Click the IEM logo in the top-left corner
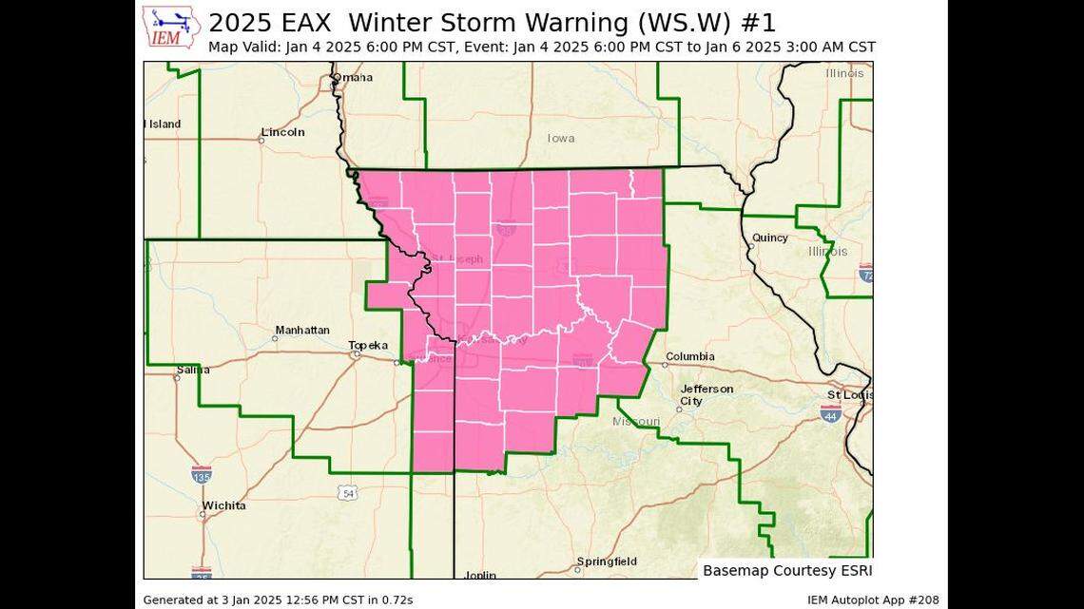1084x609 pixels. [x=171, y=28]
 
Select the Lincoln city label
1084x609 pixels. [x=282, y=132]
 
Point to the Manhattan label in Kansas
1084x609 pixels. [x=302, y=331]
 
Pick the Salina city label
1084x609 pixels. [x=193, y=370]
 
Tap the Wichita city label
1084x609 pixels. [x=223, y=505]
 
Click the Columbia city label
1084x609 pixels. [x=689, y=357]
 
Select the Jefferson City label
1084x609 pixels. [x=707, y=395]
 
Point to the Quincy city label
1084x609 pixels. [x=769, y=238]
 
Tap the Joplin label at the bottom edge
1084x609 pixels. [x=479, y=575]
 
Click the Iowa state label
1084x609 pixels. [x=561, y=139]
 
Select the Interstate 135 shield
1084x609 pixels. [x=202, y=474]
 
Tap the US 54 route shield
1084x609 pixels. [x=349, y=492]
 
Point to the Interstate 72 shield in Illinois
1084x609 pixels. [x=865, y=273]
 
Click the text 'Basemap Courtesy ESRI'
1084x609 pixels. [x=786, y=571]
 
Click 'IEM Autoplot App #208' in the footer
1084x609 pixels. [x=873, y=599]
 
